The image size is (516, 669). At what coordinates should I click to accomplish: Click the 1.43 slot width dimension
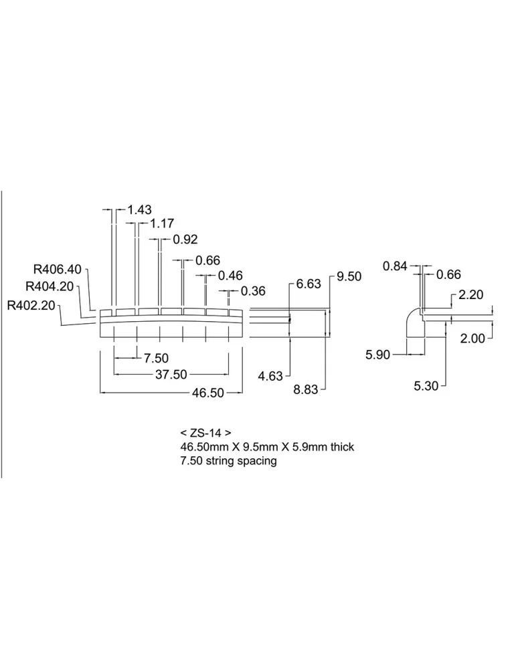[140, 209]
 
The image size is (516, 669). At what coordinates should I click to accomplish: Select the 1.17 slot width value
[162, 223]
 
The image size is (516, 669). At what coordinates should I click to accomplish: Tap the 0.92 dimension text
[185, 240]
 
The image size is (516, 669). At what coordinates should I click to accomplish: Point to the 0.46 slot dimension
[230, 276]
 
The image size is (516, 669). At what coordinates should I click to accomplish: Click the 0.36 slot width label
[253, 291]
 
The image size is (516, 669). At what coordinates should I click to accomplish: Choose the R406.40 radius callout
[57, 269]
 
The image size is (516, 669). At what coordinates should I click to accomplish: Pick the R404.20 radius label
[50, 286]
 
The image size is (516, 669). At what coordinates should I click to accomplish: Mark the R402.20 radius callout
[31, 306]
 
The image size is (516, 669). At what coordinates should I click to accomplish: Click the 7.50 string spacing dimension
[156, 358]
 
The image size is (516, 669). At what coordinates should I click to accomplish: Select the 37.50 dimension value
[171, 375]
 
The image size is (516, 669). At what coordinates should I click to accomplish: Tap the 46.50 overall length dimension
[208, 393]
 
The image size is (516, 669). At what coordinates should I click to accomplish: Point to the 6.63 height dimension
[309, 284]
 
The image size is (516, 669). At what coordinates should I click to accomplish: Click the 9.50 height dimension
[349, 276]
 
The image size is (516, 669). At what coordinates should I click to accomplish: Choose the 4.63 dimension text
[270, 376]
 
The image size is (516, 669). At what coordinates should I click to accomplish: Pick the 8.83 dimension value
[306, 389]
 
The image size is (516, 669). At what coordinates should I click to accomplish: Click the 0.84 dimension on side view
[395, 266]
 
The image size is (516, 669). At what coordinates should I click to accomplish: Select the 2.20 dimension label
[470, 294]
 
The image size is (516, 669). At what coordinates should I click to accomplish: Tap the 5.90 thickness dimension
[377, 355]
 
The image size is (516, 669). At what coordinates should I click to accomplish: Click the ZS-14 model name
[205, 433]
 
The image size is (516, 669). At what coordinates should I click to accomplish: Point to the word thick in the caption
[342, 447]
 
